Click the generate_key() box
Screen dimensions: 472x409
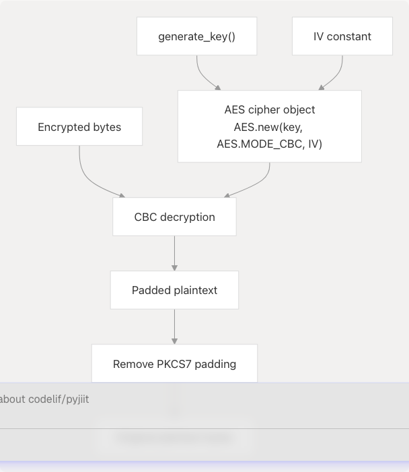(x=196, y=36)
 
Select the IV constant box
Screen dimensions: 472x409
(x=342, y=36)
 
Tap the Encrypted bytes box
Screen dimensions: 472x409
(x=79, y=127)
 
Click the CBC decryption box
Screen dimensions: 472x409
(x=174, y=217)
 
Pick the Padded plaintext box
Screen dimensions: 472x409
(x=174, y=291)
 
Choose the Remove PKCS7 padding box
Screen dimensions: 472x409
(x=174, y=365)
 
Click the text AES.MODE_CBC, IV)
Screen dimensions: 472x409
(x=269, y=144)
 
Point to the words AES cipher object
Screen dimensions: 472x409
(x=269, y=109)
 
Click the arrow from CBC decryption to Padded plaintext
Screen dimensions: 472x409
(x=174, y=253)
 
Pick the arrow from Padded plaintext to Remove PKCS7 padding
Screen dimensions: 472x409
(x=174, y=327)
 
